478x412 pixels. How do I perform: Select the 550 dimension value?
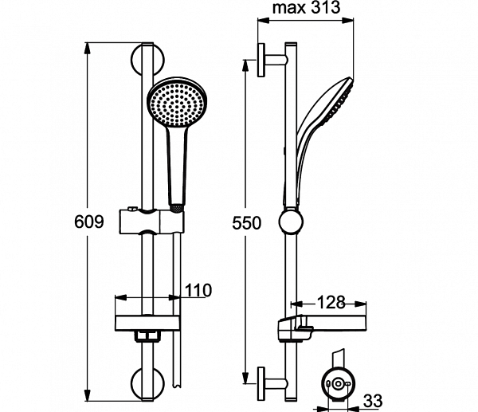[247, 224]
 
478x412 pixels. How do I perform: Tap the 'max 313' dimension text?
[305, 10]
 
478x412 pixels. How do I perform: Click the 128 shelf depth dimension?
[330, 302]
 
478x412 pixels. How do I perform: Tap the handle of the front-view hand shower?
[177, 163]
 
